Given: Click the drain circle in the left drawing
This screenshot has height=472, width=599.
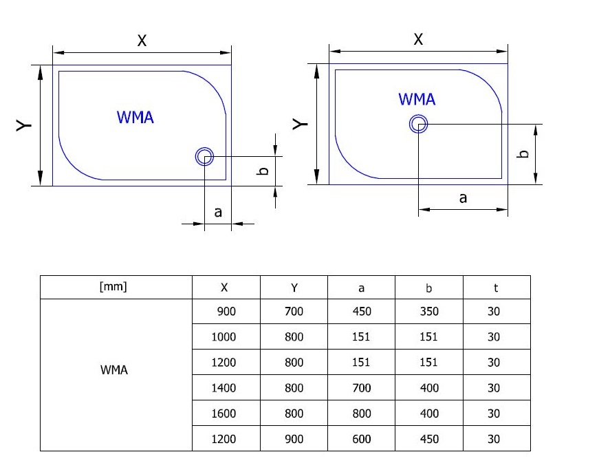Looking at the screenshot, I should pos(204,157).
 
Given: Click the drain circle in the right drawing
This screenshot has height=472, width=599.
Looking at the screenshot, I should pos(419,124).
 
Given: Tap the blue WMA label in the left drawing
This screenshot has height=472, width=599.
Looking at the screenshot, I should pos(135,117).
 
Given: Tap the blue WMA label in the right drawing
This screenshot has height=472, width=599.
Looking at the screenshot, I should pos(417,99).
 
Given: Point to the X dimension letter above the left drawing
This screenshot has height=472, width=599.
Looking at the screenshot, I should pos(142,41).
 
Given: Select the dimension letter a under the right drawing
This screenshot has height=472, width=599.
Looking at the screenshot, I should pos(463,197).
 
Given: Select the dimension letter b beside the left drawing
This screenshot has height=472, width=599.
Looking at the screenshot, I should pos(262,171).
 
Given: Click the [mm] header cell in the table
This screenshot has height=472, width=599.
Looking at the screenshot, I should pos(113,287).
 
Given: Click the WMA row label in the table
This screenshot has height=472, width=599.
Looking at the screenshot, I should pos(114,369).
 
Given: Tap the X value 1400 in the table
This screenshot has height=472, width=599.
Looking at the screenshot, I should pos(224,388).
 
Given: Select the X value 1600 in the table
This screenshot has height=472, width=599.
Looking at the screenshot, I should pos(224,414).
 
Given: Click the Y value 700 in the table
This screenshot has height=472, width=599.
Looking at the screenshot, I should pos(294,312).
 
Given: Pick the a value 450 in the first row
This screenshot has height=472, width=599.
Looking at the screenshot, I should pos(361,312).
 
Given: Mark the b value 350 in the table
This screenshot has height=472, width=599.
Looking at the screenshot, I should pos(429,312).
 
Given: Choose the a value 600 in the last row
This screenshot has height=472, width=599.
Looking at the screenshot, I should pos(361,439).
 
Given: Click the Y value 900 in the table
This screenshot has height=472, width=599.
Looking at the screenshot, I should pos(294,439).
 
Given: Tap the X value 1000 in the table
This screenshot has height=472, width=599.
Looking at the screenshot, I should pos(224,337).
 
